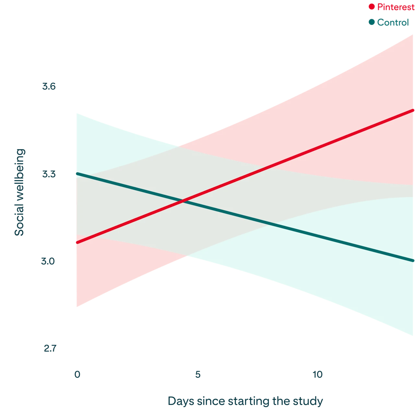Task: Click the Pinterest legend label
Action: tap(396, 7)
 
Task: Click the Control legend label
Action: tap(393, 22)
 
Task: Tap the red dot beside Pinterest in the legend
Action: tap(372, 6)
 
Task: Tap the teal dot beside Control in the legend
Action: tap(372, 22)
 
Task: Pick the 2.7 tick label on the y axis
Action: tap(50, 349)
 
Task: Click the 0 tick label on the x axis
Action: tap(77, 374)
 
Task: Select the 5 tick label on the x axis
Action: tap(197, 374)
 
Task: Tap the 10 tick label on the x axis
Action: tap(318, 374)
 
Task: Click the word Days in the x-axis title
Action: tap(181, 401)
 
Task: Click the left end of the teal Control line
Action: tap(77, 174)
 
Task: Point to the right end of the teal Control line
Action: tap(413, 261)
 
